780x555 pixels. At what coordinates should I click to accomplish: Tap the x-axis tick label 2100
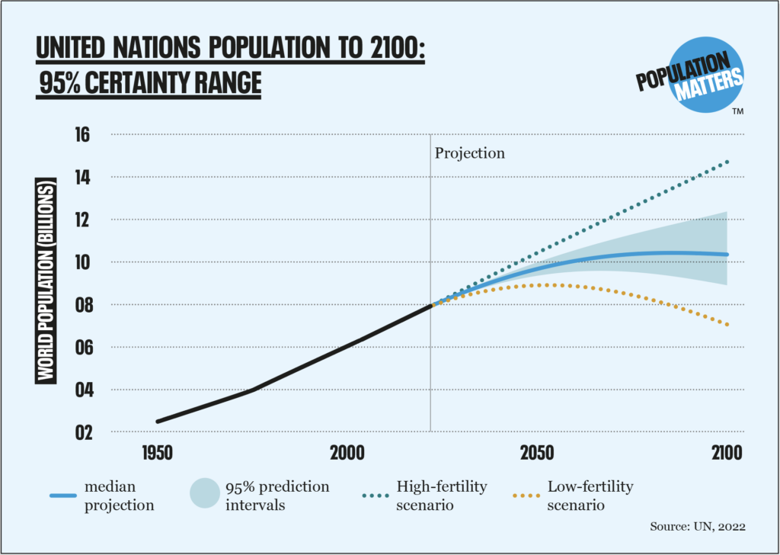(725, 452)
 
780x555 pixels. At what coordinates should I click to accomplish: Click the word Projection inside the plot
(469, 153)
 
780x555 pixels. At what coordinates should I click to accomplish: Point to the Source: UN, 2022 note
(696, 526)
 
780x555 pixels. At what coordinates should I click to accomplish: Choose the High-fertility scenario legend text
(442, 495)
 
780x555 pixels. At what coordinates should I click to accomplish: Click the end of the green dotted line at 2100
(727, 162)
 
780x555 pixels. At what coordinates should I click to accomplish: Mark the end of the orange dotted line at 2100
(727, 325)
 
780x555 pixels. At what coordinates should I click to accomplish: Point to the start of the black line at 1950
(158, 421)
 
